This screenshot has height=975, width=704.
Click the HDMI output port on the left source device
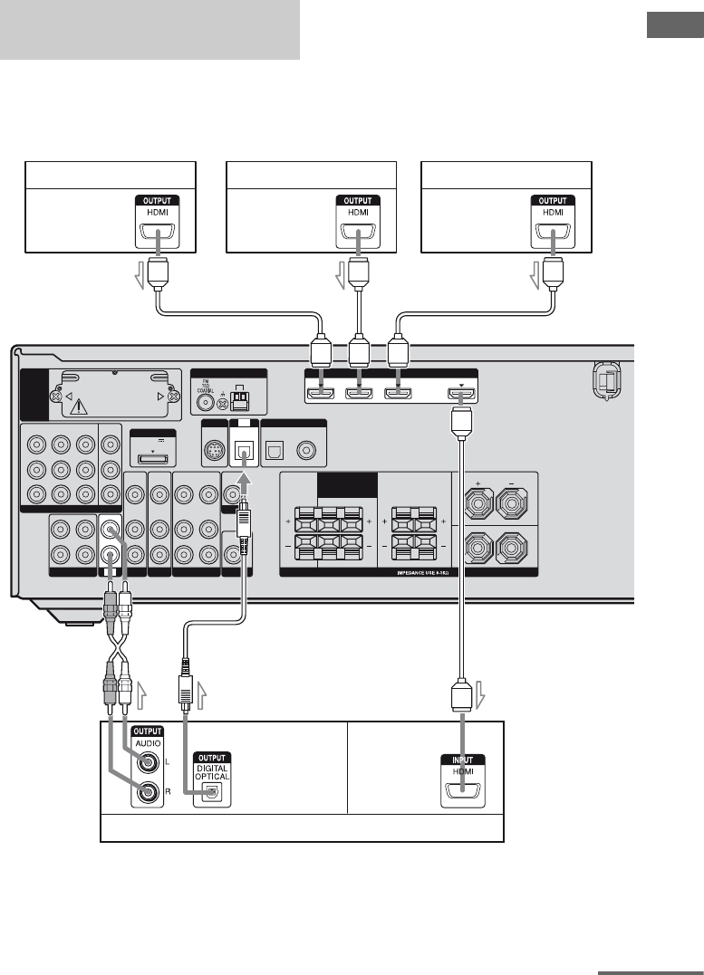coord(159,235)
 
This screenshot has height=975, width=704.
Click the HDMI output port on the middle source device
coord(359,235)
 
